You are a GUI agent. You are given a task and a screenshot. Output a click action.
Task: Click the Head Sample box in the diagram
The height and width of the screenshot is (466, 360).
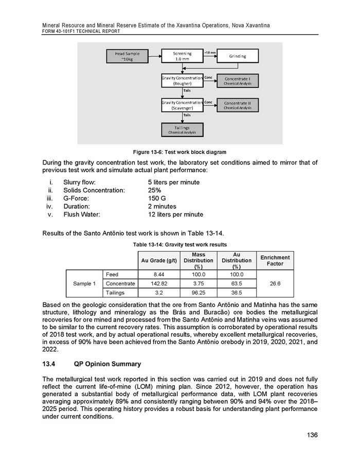click(x=126, y=56)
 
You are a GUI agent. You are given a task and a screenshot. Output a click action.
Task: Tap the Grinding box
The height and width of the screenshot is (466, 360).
click(x=238, y=56)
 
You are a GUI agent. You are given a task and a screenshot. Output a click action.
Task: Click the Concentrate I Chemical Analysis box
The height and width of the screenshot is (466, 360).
click(x=238, y=81)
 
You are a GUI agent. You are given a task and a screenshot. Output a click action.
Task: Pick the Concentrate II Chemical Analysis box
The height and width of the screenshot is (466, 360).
click(x=238, y=105)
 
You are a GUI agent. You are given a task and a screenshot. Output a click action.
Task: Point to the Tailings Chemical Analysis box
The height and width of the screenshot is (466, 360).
click(x=182, y=130)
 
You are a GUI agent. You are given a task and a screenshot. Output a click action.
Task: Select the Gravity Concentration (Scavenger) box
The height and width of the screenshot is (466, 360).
click(x=182, y=105)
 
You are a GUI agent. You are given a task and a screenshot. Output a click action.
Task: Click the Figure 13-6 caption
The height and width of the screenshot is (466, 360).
click(x=179, y=152)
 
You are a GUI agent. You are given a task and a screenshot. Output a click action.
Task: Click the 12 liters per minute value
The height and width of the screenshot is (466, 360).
click(x=175, y=214)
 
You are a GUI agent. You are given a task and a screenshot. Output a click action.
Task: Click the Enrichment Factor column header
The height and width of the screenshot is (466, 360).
click(x=275, y=261)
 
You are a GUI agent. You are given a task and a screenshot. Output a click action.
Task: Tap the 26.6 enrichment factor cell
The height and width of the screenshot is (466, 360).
click(x=275, y=283)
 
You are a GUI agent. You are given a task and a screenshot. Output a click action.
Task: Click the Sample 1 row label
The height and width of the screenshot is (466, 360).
click(x=84, y=283)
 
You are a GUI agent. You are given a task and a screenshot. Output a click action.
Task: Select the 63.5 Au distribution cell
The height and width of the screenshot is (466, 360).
click(x=237, y=283)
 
